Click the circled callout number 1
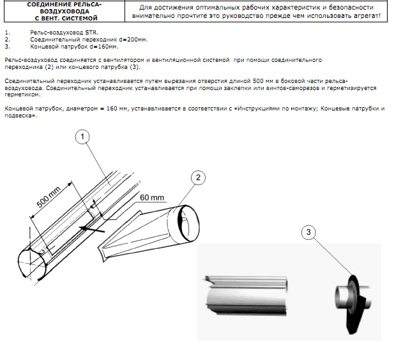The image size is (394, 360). (x=82, y=137)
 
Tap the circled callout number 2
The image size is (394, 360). (x=198, y=177)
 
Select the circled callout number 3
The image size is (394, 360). (x=308, y=232)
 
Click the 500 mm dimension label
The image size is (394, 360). (x=49, y=197)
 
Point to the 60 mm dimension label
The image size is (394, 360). (x=152, y=197)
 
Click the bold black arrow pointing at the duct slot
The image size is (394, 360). (x=92, y=229)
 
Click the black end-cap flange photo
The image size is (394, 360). (x=353, y=304)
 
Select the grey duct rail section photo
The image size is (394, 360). (x=246, y=295)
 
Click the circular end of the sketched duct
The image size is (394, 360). (x=32, y=264)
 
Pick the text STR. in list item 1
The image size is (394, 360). (x=91, y=33)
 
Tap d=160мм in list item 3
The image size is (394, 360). (x=104, y=47)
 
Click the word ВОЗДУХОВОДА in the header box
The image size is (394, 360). (x=64, y=11)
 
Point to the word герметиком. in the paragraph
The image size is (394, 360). (x=22, y=95)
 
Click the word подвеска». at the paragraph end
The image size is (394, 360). (x=21, y=116)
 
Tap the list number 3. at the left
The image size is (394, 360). (x=8, y=47)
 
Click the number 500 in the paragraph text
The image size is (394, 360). (x=258, y=81)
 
